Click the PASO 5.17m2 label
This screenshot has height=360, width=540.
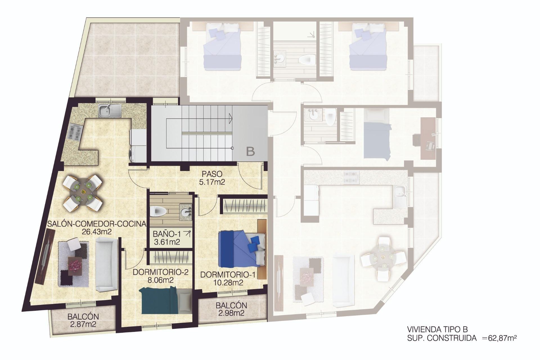tap(212, 178)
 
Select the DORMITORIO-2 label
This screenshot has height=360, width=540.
tap(160, 272)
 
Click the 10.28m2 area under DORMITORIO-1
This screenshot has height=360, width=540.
tap(228, 283)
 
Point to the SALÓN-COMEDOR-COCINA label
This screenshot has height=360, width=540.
tap(97, 224)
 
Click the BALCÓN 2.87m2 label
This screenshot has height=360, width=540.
tap(83, 320)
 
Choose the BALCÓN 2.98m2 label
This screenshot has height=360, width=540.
tap(231, 309)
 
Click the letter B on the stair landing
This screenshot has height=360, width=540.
tap(250, 152)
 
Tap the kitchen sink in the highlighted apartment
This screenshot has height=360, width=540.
tap(109, 110)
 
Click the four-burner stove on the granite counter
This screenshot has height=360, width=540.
tap(75, 132)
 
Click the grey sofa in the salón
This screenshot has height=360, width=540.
tap(106, 264)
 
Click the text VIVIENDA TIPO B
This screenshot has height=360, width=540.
tap(437, 329)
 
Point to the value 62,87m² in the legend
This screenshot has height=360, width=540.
tap(502, 338)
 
